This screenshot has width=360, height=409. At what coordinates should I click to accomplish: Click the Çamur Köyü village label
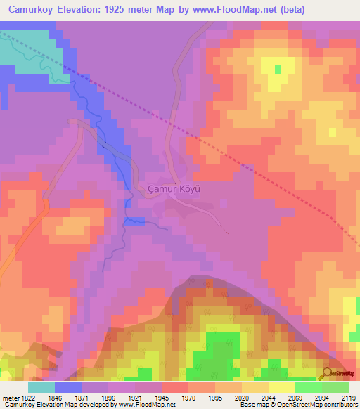[175, 189]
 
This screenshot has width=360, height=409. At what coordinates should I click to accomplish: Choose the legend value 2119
[349, 398]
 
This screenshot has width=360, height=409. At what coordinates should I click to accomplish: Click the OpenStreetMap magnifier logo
[326, 373]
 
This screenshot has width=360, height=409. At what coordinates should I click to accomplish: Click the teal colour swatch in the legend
[41, 387]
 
